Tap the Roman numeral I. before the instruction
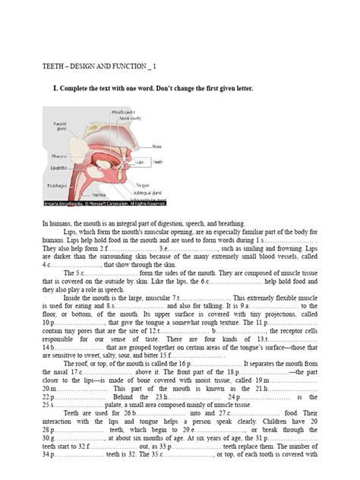[x=55, y=89]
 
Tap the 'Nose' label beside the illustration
[x=156, y=147]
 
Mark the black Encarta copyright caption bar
[x=103, y=203]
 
